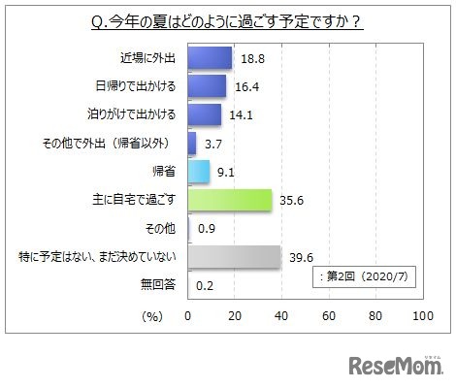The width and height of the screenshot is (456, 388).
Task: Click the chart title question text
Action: pos(227,18)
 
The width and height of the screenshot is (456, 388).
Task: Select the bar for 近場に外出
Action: pos(209,58)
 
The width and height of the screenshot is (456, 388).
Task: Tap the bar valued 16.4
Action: pos(206,86)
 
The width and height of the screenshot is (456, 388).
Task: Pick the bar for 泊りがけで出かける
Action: pos(203,114)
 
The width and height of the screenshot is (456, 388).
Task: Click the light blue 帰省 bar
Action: pos(197,171)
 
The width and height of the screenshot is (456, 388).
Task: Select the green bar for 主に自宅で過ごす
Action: pos(228,199)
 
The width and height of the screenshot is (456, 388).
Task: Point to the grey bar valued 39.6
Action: pos(233,256)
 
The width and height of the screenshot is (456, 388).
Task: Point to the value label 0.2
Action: pos(206,284)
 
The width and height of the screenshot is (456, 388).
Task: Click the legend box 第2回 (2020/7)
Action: pos(365,276)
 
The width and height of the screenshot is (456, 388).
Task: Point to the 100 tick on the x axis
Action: pos(421,317)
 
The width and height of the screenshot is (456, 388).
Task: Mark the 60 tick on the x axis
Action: pos(328,317)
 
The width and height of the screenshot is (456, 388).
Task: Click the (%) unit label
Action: pos(151,317)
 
